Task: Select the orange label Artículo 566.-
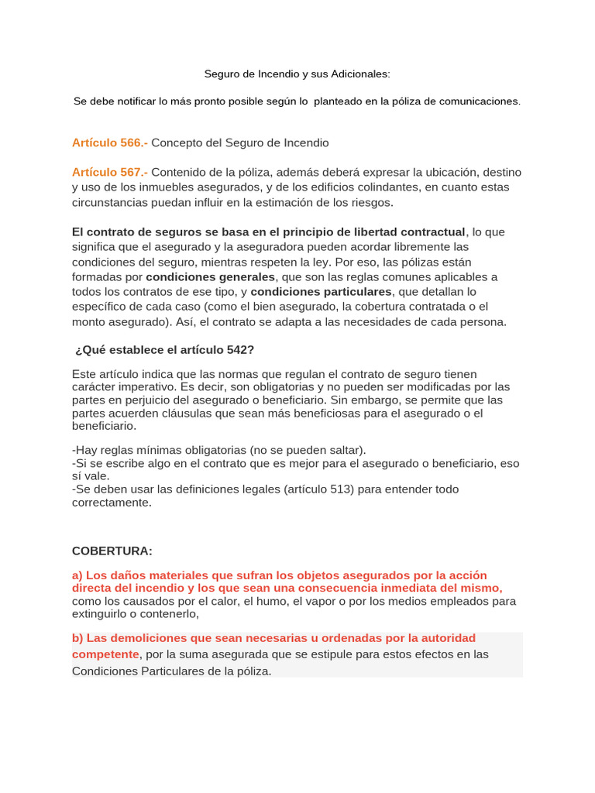pos(109,142)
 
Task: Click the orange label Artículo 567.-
pos(109,172)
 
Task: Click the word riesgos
pos(371,203)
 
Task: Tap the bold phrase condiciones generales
pos(210,276)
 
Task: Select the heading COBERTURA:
pos(112,551)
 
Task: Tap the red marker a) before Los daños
pos(77,575)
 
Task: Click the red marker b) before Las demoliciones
pos(77,638)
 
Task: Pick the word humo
pos(256,601)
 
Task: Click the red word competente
pos(105,654)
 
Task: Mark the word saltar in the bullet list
pos(336,450)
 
